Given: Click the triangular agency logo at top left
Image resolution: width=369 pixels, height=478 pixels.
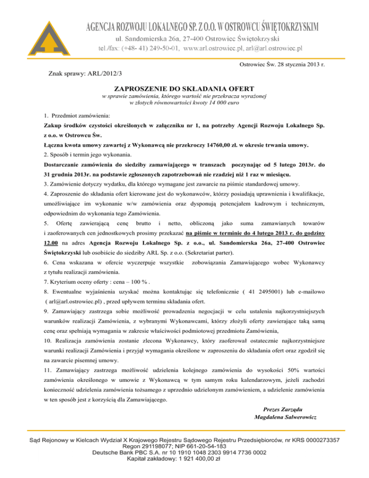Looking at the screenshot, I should click(x=24, y=33).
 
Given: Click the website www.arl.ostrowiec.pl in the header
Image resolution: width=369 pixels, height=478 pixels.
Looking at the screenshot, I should click(x=222, y=48).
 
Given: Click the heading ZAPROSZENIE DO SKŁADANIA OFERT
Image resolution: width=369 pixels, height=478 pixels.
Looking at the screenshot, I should click(x=184, y=89).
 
